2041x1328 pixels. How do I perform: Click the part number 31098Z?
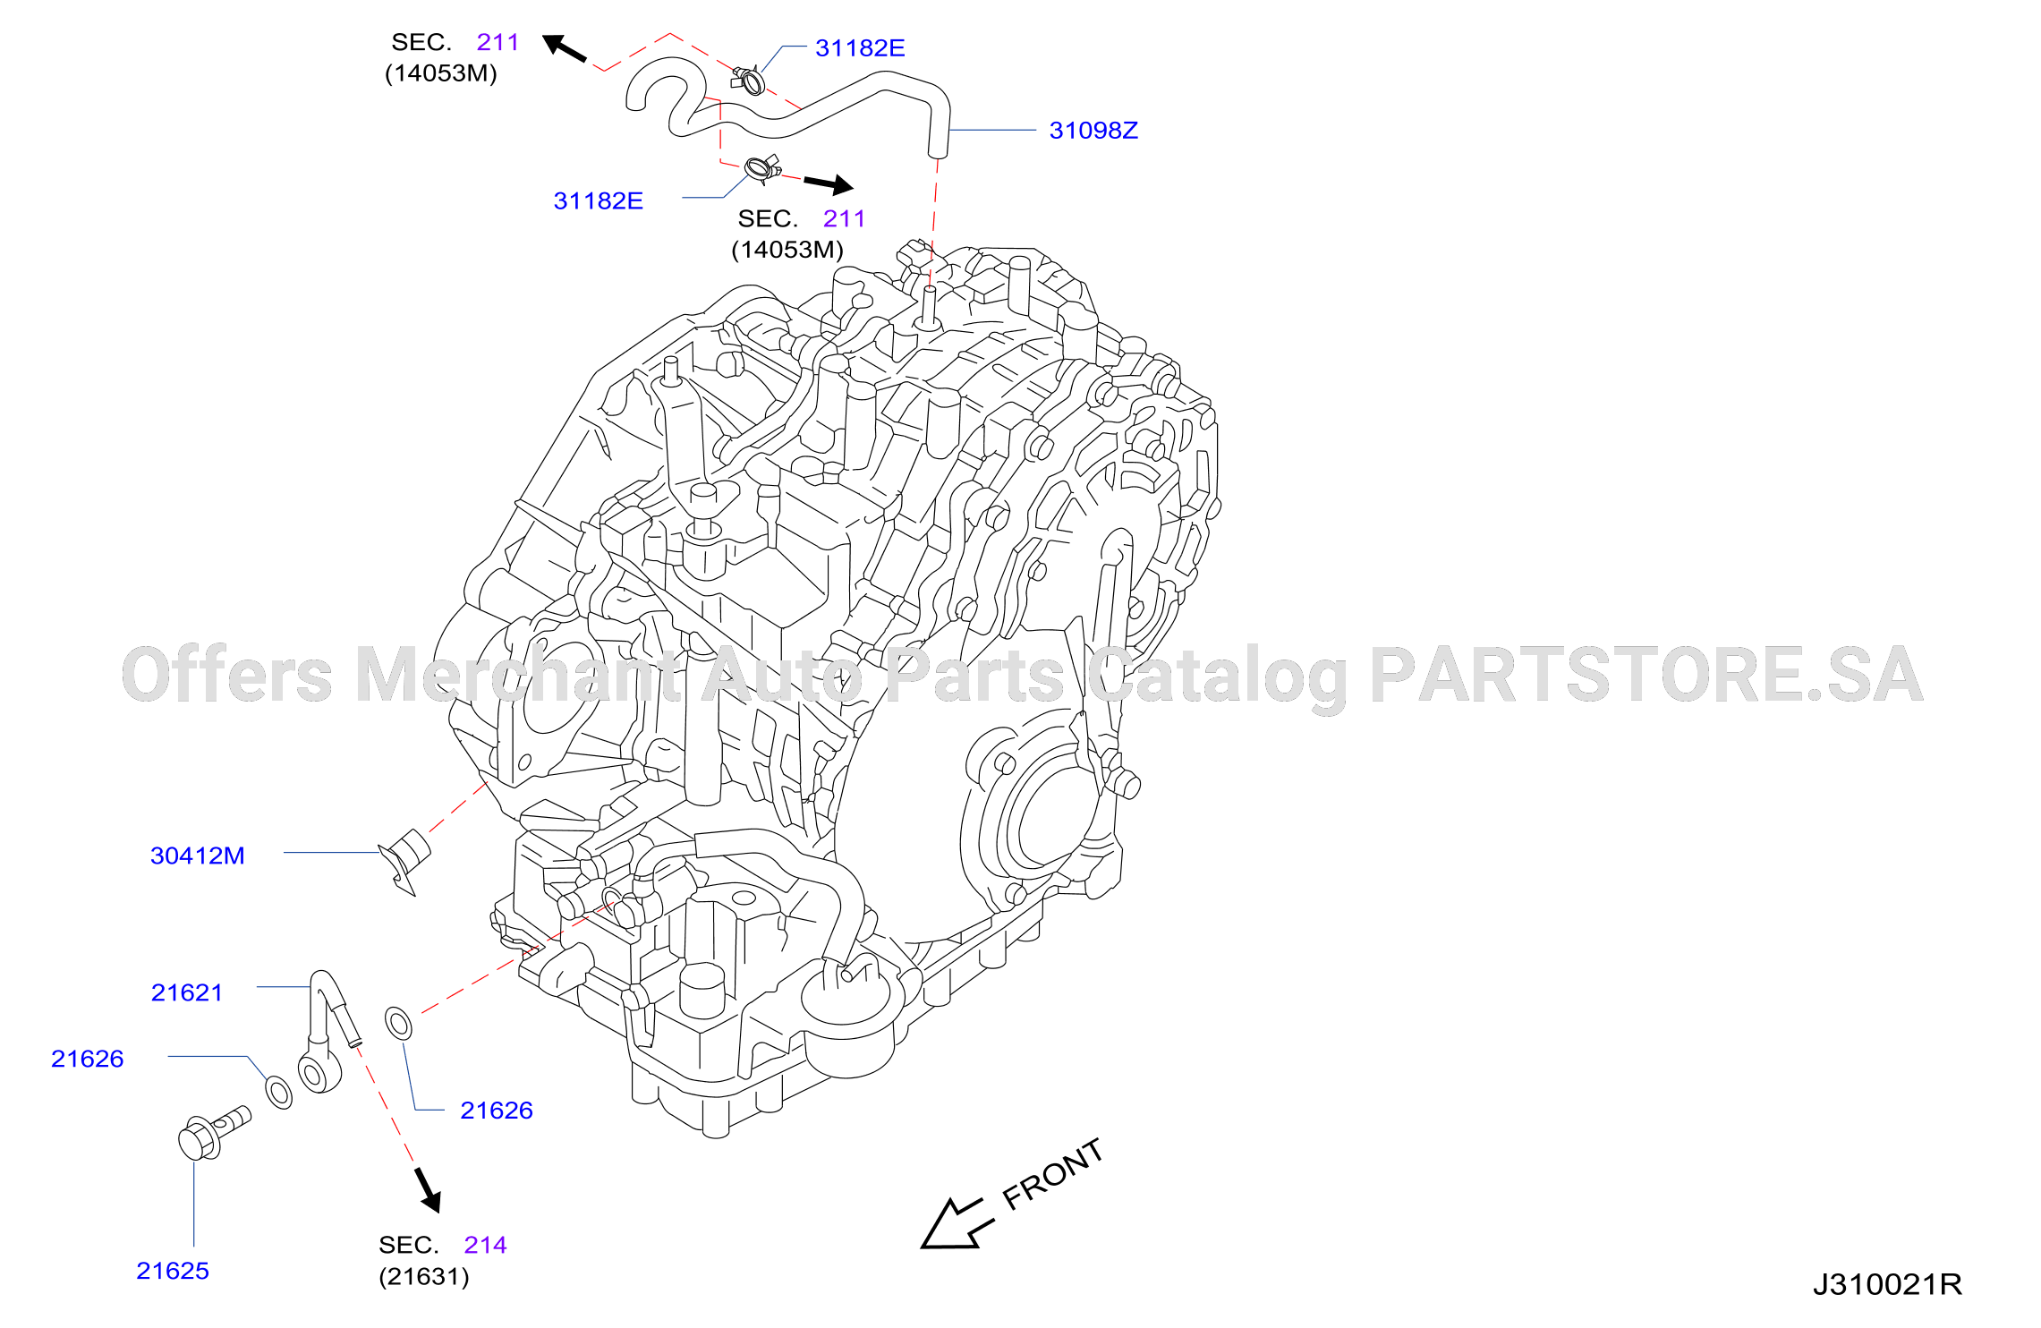pos(1093,131)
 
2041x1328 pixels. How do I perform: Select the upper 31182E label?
pos(860,48)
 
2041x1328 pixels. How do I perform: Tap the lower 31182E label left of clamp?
pos(598,201)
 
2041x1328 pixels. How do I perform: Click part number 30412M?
pos(198,856)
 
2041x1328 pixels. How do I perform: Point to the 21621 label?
pos(187,993)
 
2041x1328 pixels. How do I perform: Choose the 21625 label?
pos(173,1272)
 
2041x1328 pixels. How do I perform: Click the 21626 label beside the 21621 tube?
pos(88,1060)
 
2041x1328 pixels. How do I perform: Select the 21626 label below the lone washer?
pos(497,1111)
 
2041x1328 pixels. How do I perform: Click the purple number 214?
pos(486,1246)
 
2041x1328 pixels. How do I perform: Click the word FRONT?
pos(1052,1174)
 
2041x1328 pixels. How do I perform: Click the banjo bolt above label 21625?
pos(214,1133)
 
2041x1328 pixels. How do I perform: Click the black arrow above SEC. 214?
pos(428,1190)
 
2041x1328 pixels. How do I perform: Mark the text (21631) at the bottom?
pos(424,1277)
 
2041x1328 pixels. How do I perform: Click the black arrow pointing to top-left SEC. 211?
pos(565,48)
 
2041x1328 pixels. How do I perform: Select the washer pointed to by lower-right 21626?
pos(399,1023)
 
